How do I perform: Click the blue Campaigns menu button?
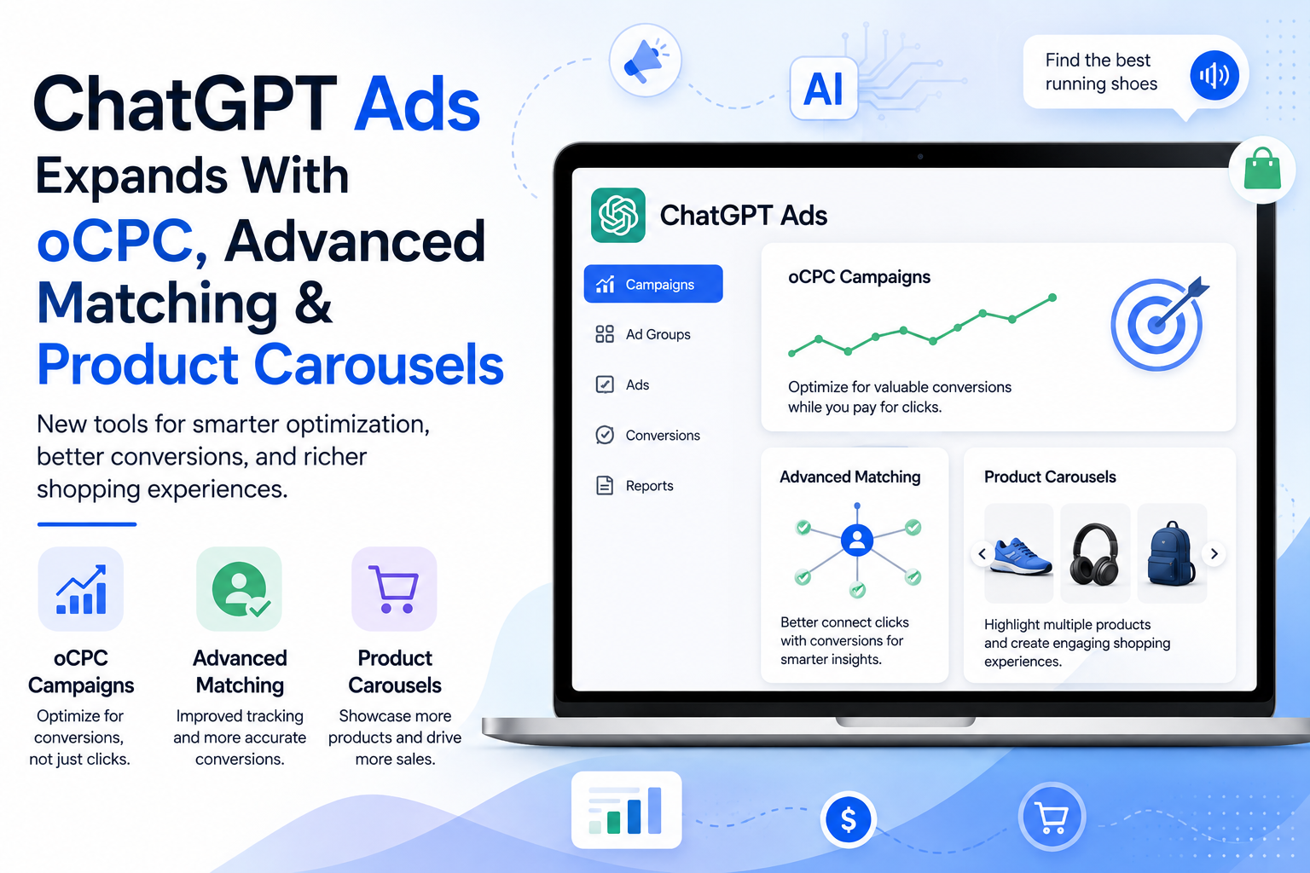(653, 284)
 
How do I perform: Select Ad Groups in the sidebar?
(643, 334)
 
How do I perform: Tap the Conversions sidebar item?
(647, 435)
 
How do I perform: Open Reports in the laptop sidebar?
(634, 485)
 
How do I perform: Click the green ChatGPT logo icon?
(618, 215)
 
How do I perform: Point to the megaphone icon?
(645, 61)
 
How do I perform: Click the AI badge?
(823, 89)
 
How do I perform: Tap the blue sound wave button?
(1214, 75)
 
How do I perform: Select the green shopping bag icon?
(1262, 170)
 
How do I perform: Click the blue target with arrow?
(1158, 323)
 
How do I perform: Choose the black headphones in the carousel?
(1095, 553)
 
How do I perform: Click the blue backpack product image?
(1172, 553)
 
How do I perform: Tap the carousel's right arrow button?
(1214, 554)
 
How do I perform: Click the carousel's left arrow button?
(982, 554)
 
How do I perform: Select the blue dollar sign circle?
(848, 819)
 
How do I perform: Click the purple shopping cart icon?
(394, 589)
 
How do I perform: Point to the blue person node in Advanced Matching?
(857, 540)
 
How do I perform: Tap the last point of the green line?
(1052, 298)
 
